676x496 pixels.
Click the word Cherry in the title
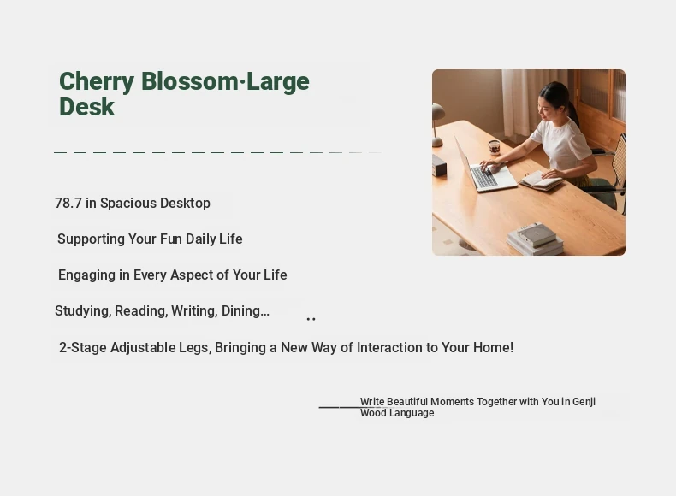97,82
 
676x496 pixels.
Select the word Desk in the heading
87,107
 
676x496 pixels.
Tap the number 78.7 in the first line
68,203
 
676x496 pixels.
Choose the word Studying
83,311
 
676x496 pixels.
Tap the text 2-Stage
83,348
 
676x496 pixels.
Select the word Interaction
389,347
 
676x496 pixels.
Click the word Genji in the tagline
584,402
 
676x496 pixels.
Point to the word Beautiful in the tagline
407,402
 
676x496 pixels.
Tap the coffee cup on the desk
495,146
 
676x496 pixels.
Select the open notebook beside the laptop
541,180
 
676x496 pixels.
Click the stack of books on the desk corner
535,239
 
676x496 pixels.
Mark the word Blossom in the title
189,81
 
